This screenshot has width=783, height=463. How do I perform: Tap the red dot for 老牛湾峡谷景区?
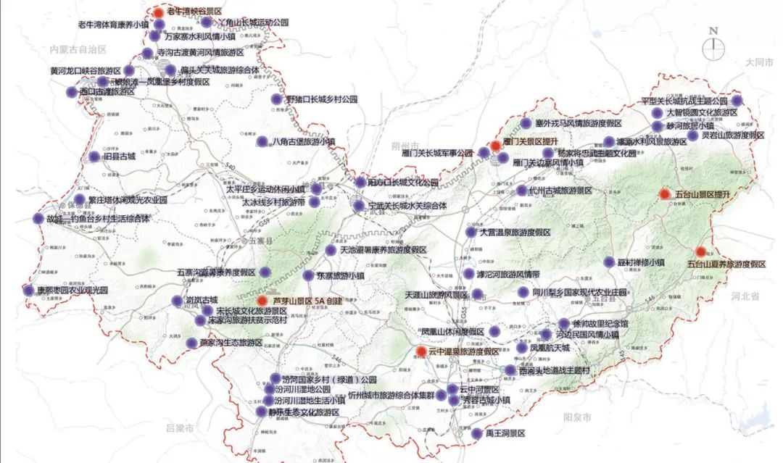coord(159,12)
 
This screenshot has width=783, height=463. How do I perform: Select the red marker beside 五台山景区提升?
coord(664,194)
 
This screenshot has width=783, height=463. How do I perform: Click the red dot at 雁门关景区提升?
coord(495,146)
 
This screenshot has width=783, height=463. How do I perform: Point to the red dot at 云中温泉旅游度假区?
coord(421,351)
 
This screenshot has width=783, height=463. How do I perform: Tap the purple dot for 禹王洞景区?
coord(476,433)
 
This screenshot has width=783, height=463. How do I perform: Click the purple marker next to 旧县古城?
coord(93,157)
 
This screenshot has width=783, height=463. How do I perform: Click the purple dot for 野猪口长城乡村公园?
coord(275,99)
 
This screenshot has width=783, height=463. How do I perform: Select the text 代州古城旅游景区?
coord(562,191)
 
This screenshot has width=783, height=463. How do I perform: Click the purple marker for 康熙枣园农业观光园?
coord(29,291)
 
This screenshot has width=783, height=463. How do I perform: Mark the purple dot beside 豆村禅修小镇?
coord(609,262)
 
